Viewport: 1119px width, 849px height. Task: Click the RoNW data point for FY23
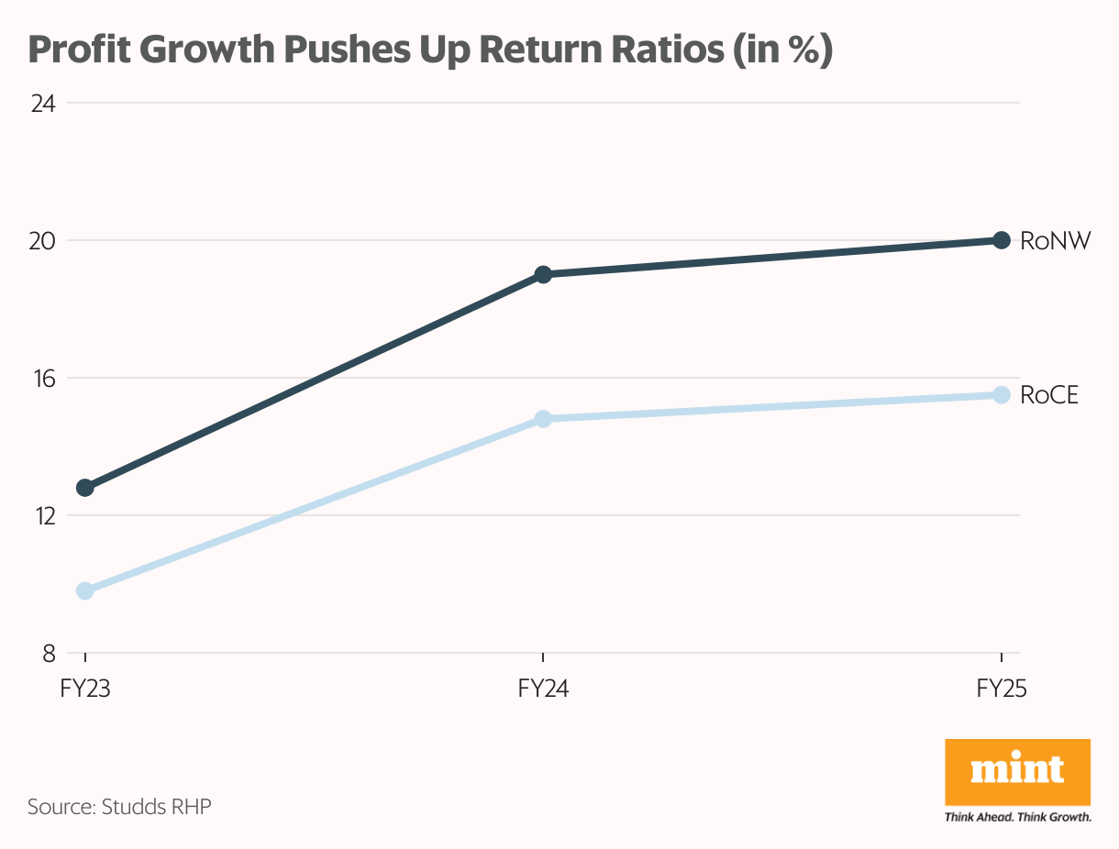tap(85, 487)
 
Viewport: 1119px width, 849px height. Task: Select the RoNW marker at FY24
tap(543, 274)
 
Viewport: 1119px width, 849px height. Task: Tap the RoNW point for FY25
tap(1001, 240)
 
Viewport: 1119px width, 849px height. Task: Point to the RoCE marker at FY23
tap(85, 590)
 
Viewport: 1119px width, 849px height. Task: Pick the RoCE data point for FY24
tap(543, 419)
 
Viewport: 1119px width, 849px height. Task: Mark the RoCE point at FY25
tap(1001, 394)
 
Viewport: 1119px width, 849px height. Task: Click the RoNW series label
tap(1055, 241)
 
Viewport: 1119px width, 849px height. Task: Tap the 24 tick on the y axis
tap(43, 104)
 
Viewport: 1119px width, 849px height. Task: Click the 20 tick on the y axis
tap(43, 241)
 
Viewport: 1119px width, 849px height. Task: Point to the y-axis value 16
tap(43, 379)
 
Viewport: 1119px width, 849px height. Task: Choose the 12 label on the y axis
tap(43, 516)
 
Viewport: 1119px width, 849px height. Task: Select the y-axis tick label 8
tap(49, 654)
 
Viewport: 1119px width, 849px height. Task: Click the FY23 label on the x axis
tap(85, 689)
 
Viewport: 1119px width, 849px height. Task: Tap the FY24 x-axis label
tap(543, 689)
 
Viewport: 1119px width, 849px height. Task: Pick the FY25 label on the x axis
tap(1001, 689)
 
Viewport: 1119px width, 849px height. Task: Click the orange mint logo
tap(1017, 773)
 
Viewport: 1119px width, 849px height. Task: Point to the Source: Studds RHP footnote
tap(119, 807)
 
